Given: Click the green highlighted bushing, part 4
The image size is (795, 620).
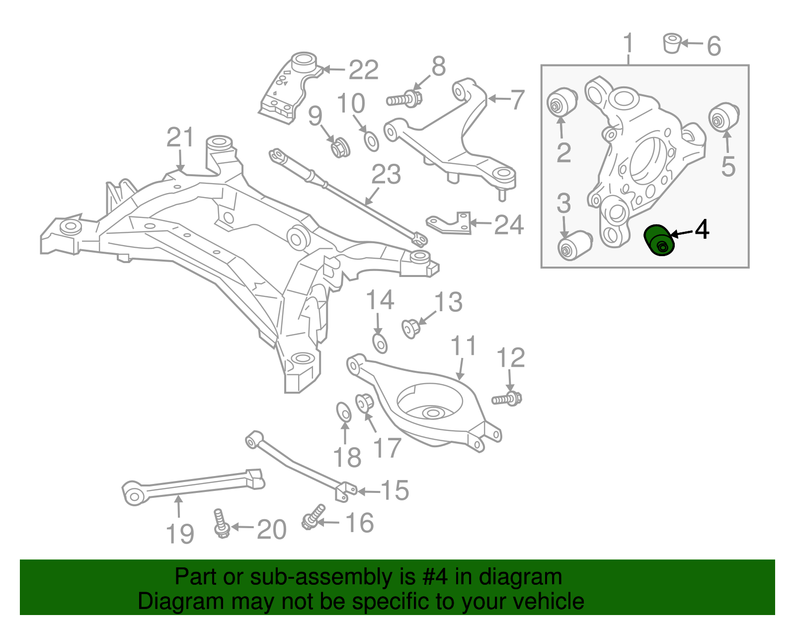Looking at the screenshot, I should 659,240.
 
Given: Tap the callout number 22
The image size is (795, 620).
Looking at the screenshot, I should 364,70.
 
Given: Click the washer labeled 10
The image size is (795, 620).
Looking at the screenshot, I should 371,141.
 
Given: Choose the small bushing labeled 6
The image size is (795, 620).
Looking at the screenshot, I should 672,43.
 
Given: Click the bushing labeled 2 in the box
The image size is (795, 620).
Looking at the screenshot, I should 562,102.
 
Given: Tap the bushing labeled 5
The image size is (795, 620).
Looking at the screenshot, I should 723,117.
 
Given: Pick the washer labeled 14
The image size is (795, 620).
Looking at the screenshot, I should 380,343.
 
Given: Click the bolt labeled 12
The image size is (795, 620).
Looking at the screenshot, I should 507,399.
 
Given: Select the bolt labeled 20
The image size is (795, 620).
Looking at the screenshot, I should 221,523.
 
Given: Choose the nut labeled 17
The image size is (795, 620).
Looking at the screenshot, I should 364,403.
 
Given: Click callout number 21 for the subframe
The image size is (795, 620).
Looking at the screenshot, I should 180,138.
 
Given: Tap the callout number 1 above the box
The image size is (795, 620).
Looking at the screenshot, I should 629,43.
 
